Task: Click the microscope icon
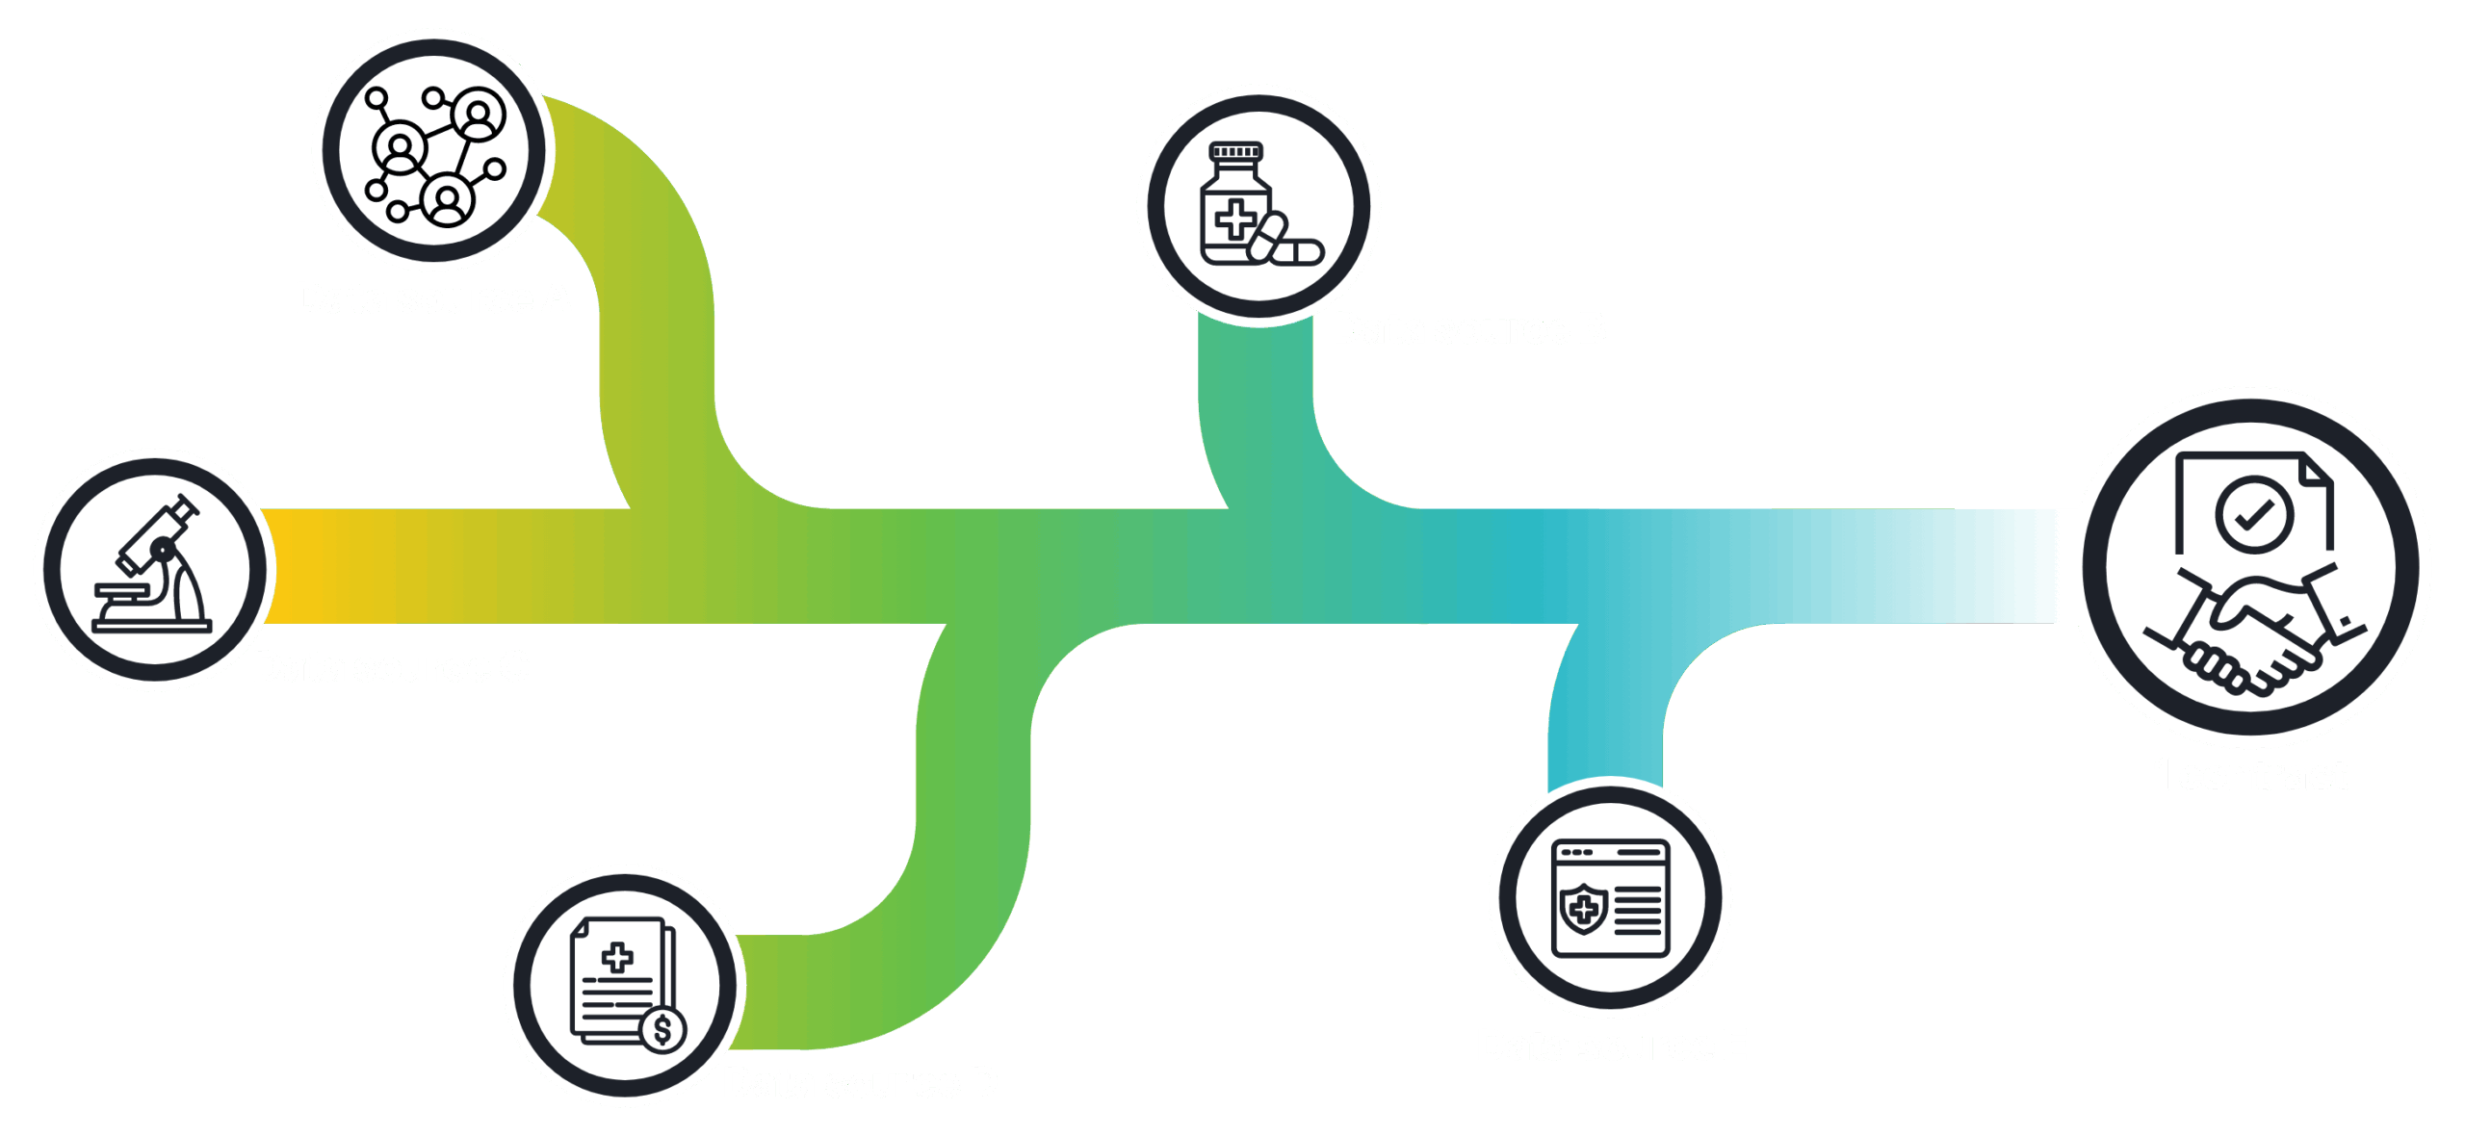pos(154,568)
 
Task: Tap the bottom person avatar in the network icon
pos(447,200)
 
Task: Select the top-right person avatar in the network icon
pos(479,115)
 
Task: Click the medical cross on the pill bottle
pos(1234,219)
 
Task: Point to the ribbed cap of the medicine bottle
pos(1235,151)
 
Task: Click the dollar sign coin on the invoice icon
pos(662,1030)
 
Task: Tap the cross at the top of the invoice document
pos(617,957)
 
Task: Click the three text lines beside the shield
pos(1638,910)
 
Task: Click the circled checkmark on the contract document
pos(2253,514)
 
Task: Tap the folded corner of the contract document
pos(2315,470)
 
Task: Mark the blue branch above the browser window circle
pos(1605,722)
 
